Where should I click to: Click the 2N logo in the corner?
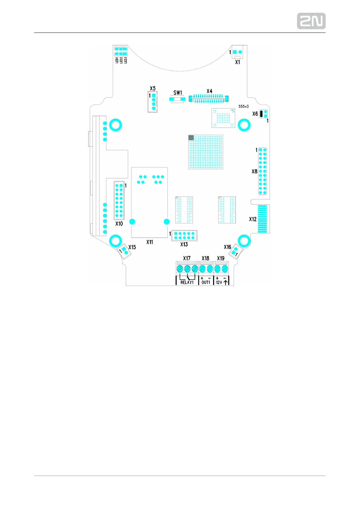311,21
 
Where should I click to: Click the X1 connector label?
238,62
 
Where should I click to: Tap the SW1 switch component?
177,99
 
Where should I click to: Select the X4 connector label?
209,91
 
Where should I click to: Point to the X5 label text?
153,88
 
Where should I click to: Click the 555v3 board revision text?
243,106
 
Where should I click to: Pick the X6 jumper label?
255,114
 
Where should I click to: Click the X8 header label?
255,171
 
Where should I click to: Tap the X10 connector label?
119,224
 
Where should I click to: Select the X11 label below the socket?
150,242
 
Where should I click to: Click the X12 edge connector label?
253,219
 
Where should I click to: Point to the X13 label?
184,244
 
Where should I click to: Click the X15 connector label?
132,247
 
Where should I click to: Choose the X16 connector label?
227,247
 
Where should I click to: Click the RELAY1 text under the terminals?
187,282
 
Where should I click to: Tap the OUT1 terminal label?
206,282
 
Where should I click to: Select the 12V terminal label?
219,282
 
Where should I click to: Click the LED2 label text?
121,60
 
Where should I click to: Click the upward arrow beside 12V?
226,282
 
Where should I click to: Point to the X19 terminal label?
221,258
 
